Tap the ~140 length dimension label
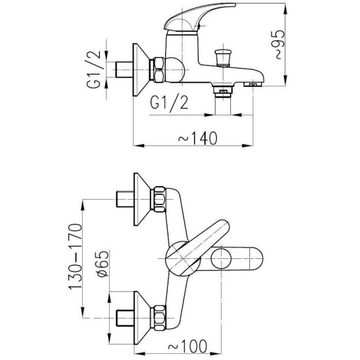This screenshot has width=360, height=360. click(x=197, y=138)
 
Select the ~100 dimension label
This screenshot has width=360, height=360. click(x=188, y=346)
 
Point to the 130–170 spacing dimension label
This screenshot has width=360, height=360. click(x=75, y=257)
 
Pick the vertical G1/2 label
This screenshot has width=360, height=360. click(x=94, y=69)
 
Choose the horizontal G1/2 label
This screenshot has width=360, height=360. click(x=169, y=102)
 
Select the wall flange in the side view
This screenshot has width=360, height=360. click(x=141, y=69)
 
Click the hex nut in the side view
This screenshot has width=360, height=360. click(x=159, y=69)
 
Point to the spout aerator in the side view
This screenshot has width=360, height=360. click(x=253, y=84)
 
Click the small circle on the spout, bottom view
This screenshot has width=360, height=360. click(x=221, y=259)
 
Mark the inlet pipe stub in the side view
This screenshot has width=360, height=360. click(x=124, y=69)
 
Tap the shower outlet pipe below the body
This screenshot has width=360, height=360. click(x=223, y=105)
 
